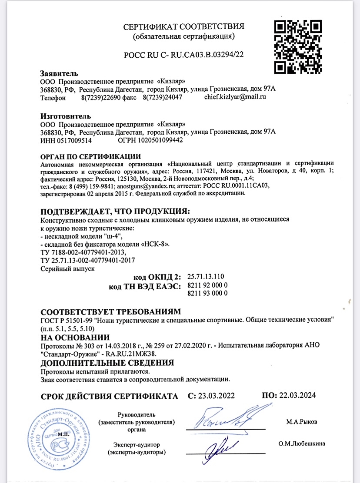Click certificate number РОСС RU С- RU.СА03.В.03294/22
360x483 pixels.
coord(184,54)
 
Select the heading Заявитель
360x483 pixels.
coord(59,73)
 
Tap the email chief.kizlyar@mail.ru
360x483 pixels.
coord(235,97)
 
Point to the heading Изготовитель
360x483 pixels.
coord(66,116)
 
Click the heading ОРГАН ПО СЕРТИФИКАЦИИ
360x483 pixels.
coord(90,156)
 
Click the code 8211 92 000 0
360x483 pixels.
coord(207,285)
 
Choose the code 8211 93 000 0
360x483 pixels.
coord(207,294)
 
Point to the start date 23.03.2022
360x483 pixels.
coord(216,396)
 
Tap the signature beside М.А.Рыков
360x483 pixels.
coord(225,417)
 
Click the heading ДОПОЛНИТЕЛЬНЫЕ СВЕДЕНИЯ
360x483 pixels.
coord(107,363)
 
